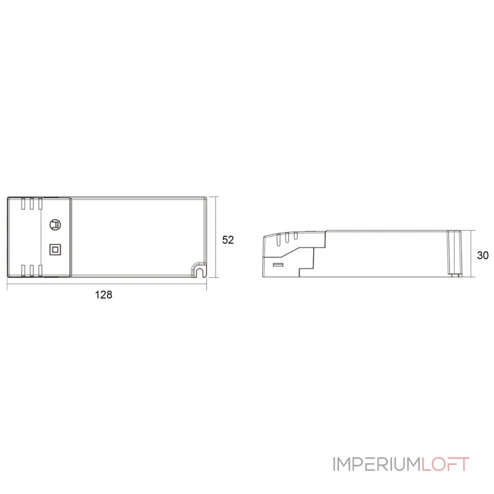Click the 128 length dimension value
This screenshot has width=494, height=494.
pyautogui.click(x=104, y=295)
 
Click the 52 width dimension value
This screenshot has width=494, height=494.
pyautogui.click(x=228, y=240)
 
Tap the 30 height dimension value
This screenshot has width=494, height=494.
pyautogui.click(x=482, y=254)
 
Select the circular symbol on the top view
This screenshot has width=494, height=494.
pyautogui.click(x=55, y=225)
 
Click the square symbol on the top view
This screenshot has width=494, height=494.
pyautogui.click(x=55, y=249)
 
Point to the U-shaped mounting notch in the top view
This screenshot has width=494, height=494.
pyautogui.click(x=200, y=269)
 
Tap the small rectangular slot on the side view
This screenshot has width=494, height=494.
pyautogui.click(x=278, y=265)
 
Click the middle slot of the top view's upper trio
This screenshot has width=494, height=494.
pyautogui.click(x=31, y=204)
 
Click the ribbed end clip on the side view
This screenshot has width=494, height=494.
pyautogui.click(x=455, y=253)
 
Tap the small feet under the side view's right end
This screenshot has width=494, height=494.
pyautogui.click(x=455, y=276)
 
